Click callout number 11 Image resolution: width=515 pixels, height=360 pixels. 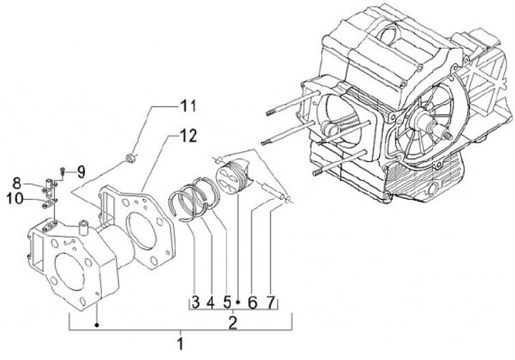(x=188, y=106)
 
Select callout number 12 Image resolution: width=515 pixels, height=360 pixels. (x=188, y=135)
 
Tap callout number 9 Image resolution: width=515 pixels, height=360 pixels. (x=81, y=172)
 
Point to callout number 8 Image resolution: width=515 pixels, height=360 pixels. (x=16, y=183)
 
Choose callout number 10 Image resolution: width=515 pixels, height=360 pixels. (x=15, y=198)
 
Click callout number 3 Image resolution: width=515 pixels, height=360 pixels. (x=195, y=303)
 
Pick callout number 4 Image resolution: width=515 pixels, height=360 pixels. (x=210, y=303)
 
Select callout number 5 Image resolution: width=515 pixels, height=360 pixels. (x=227, y=303)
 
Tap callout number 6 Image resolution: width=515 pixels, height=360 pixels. (x=252, y=303)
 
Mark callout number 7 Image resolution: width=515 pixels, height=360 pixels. (x=270, y=303)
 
